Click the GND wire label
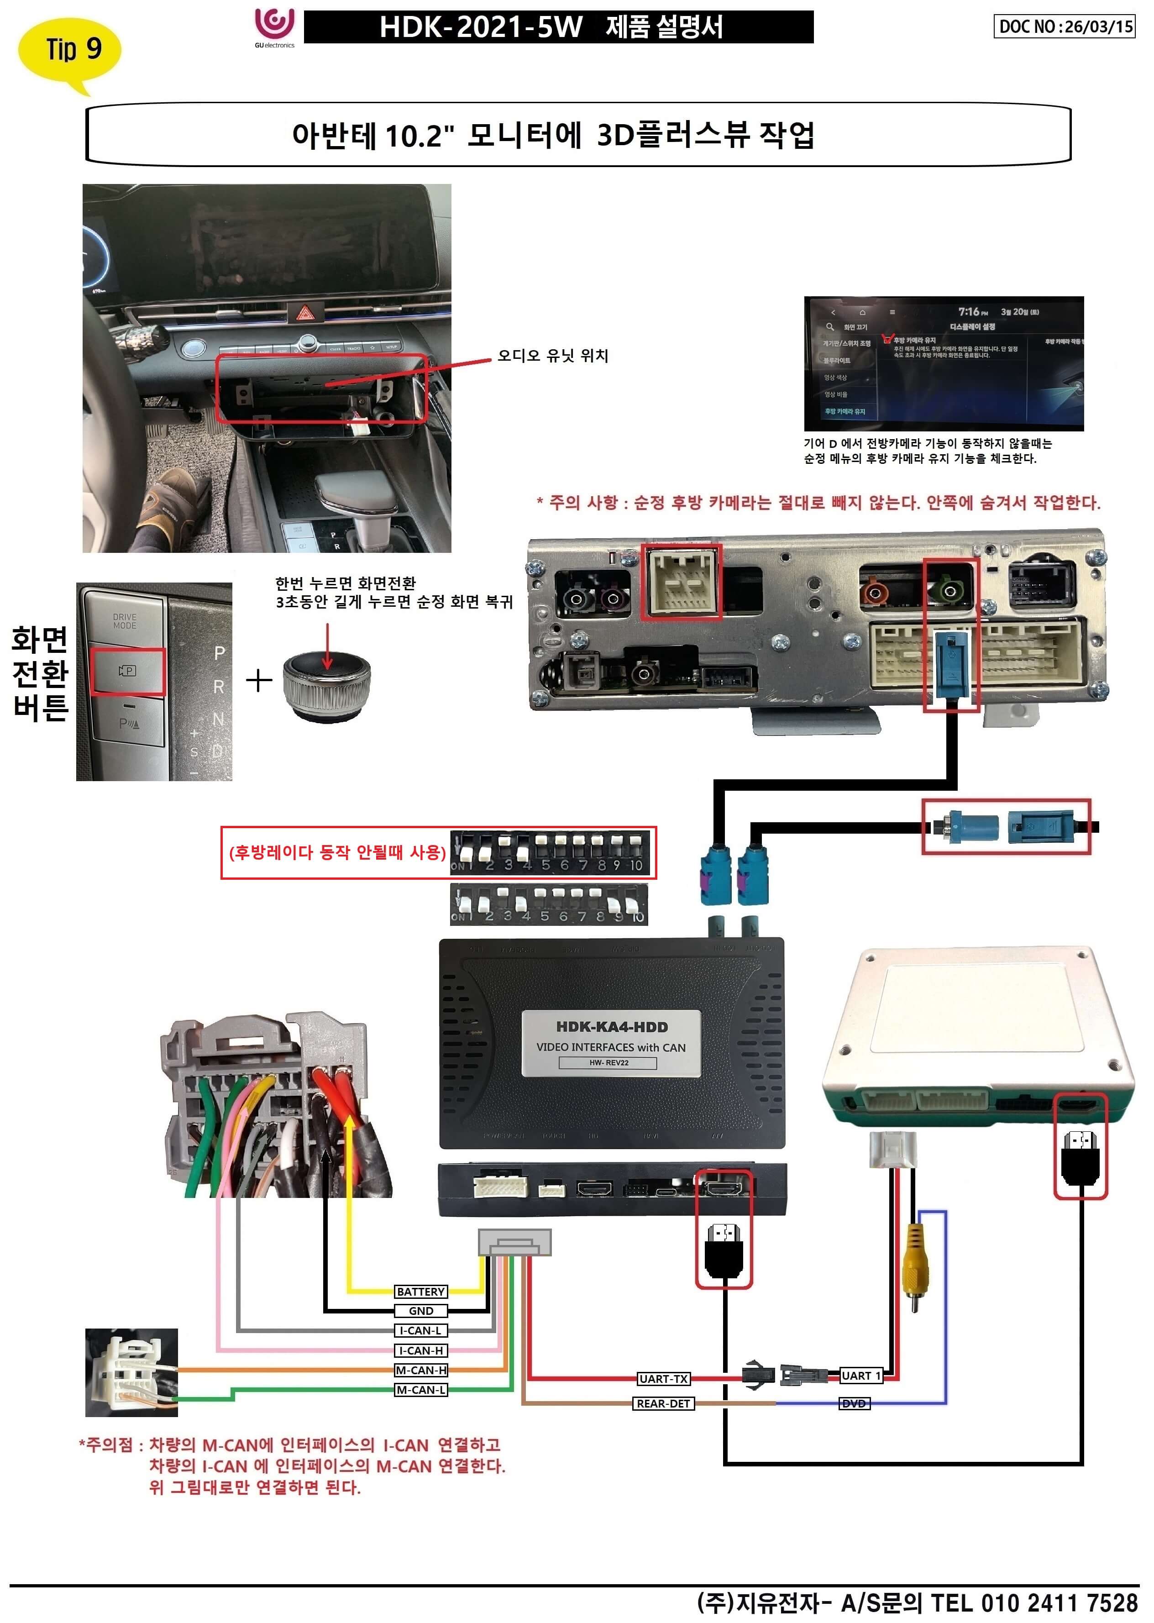pyautogui.click(x=421, y=1311)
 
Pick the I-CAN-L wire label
pyautogui.click(x=421, y=1330)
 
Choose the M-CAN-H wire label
pyautogui.click(x=421, y=1370)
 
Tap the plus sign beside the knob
pyautogui.click(x=259, y=680)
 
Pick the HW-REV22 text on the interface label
pyautogui.click(x=608, y=1063)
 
